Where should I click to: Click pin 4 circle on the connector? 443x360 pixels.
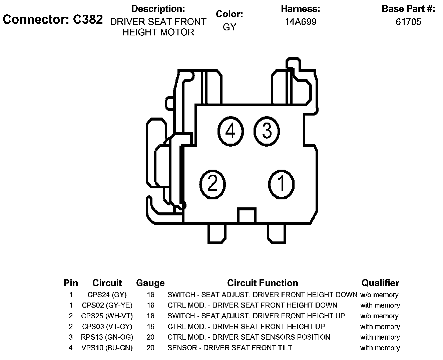click(x=231, y=131)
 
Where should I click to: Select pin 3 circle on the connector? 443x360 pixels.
click(x=267, y=131)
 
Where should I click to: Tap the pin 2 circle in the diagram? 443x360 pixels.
click(x=212, y=183)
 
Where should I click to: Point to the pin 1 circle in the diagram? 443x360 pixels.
click(x=282, y=183)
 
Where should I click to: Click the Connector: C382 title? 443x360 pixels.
click(x=53, y=19)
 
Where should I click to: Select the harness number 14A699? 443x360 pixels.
click(x=300, y=22)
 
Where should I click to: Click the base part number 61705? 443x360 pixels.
click(x=408, y=22)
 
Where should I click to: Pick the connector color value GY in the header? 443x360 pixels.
click(x=229, y=27)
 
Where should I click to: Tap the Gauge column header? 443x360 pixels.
click(x=150, y=283)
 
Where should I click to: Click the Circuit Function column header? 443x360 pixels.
click(x=263, y=283)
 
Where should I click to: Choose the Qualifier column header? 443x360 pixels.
click(x=380, y=283)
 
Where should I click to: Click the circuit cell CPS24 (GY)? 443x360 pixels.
click(x=107, y=295)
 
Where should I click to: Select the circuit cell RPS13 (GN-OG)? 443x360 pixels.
click(x=107, y=337)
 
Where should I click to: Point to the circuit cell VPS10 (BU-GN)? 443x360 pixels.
click(x=107, y=348)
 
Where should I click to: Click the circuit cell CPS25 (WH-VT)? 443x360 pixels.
click(x=107, y=316)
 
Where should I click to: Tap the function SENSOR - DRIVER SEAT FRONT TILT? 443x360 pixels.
click(x=230, y=348)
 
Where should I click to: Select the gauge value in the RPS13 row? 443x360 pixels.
click(x=150, y=337)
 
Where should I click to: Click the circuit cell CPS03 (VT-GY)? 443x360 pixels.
click(x=107, y=327)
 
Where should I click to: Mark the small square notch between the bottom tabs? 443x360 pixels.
click(x=247, y=215)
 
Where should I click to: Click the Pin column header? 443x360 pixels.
click(x=71, y=283)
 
